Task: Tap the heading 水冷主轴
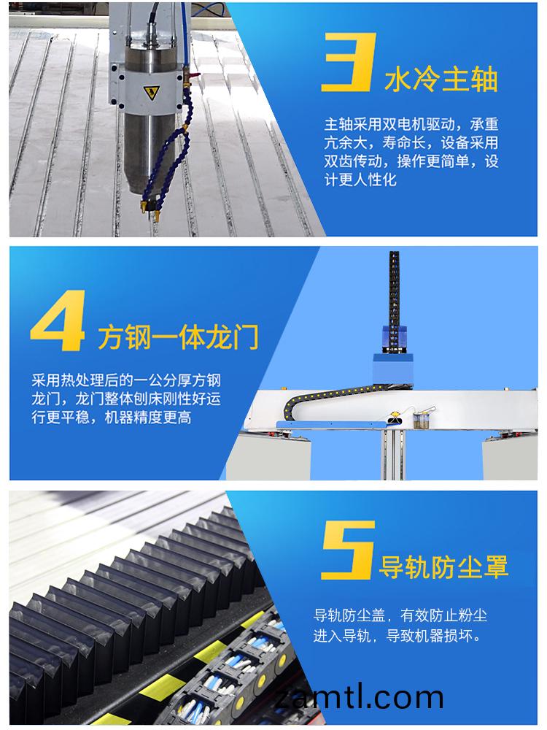click(441, 78)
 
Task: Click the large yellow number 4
click(58, 323)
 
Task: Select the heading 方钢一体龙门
click(178, 337)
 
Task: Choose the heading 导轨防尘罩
click(443, 566)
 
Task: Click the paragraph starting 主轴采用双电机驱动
click(411, 151)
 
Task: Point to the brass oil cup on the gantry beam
click(422, 421)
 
